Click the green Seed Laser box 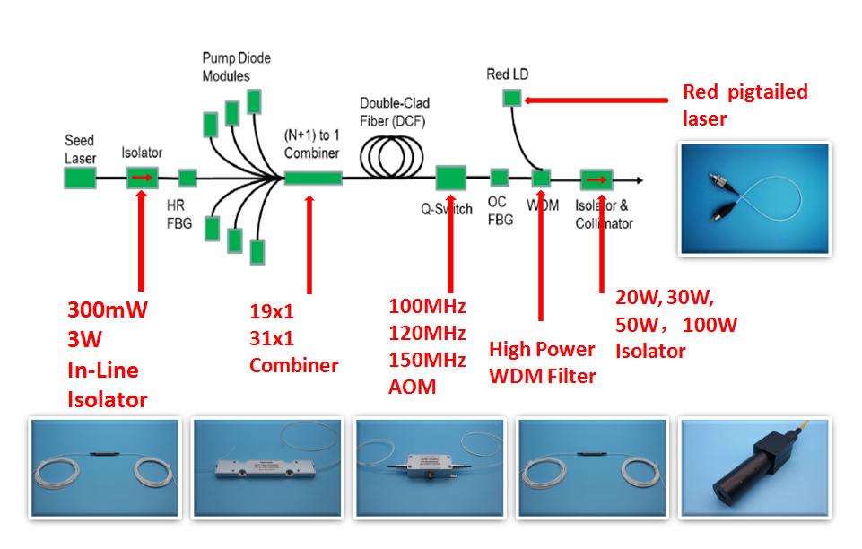pos(80,177)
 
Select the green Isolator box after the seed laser pos(143,177)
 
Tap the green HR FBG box pos(187,177)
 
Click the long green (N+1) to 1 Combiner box pos(313,178)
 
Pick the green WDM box pos(541,178)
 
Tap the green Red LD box pos(511,98)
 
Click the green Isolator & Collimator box pos(596,179)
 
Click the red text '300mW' pos(108,310)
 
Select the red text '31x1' pos(272,338)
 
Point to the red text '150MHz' pos(427,360)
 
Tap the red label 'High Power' pos(542,349)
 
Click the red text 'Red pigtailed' pos(744,91)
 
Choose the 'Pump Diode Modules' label pos(236,67)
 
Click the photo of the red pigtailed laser pos(754,198)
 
